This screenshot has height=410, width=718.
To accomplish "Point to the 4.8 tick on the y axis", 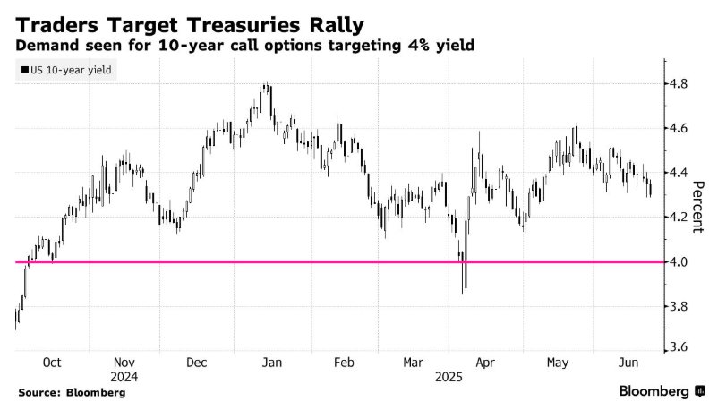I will click(x=679, y=84).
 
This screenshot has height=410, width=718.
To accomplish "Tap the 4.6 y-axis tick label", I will click(x=679, y=129).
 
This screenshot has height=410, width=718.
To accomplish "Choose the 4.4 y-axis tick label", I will click(x=679, y=173).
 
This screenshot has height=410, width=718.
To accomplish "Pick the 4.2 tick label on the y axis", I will click(x=679, y=218).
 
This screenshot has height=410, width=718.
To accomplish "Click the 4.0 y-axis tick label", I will click(x=679, y=261).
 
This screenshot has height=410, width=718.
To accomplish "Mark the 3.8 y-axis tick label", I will click(x=679, y=306).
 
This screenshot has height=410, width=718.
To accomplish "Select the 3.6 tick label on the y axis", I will click(x=679, y=347).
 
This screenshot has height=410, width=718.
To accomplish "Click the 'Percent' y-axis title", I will click(x=700, y=206).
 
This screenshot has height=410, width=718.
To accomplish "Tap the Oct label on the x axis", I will click(x=52, y=363).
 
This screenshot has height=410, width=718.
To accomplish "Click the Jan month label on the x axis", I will click(x=272, y=363).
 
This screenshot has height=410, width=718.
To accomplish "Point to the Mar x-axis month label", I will click(x=414, y=363).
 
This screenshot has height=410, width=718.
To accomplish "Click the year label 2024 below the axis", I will click(x=124, y=377).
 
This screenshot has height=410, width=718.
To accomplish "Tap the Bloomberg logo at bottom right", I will click(x=661, y=391).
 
